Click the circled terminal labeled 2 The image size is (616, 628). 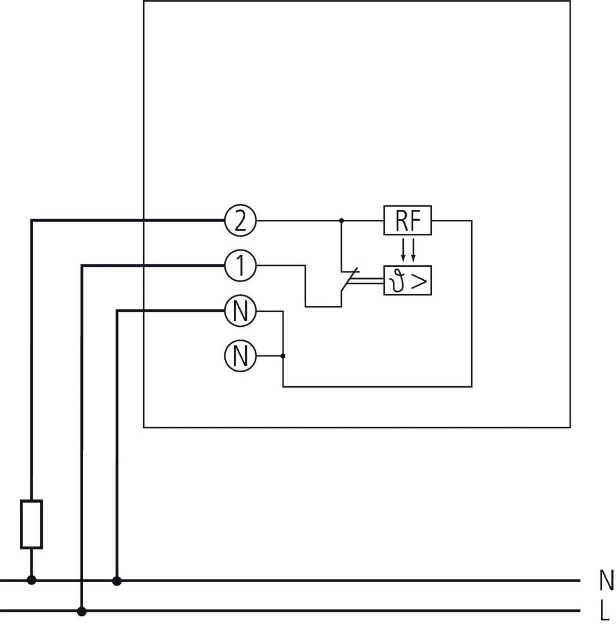click(x=240, y=221)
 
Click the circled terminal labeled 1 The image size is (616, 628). click(x=240, y=266)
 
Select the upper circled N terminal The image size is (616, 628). click(x=240, y=311)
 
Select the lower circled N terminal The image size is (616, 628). click(x=240, y=355)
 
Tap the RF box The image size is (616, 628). click(x=407, y=221)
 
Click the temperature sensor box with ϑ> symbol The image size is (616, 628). click(x=407, y=281)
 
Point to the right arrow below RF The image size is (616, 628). click(x=413, y=249)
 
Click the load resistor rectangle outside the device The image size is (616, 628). click(x=31, y=524)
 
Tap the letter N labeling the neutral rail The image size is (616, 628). click(x=606, y=580)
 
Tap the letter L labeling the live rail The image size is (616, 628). click(x=605, y=611)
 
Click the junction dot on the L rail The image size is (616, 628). click(x=82, y=611)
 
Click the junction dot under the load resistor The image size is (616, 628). click(x=31, y=580)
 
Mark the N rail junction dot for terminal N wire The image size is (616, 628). click(x=117, y=580)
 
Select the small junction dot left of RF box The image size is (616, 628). click(x=341, y=221)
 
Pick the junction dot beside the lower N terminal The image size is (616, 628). click(x=283, y=355)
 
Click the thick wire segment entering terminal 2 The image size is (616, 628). click(x=128, y=220)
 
